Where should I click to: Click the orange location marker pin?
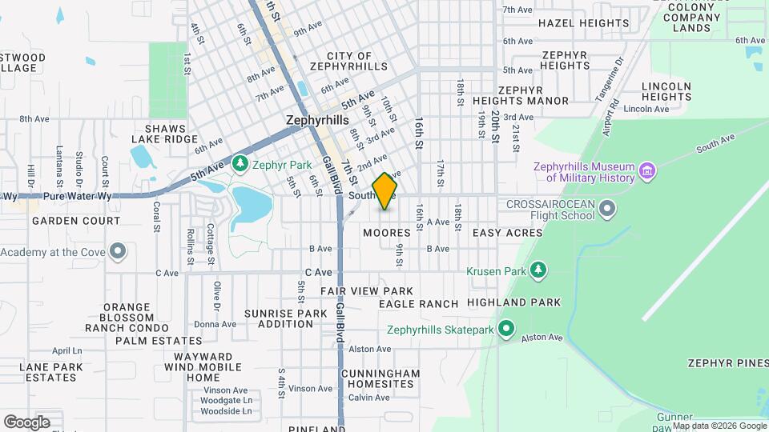[x=385, y=191]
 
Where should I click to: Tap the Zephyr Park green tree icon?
[x=240, y=164]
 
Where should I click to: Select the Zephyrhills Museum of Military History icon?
[x=647, y=170]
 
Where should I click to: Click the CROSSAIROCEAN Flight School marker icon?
[x=607, y=210]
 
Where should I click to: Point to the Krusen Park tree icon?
[x=540, y=270]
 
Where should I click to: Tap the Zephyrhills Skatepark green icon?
[x=505, y=329]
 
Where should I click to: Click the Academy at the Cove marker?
[x=119, y=253]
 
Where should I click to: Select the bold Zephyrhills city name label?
[x=317, y=119]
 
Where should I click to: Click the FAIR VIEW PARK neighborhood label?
[x=367, y=291]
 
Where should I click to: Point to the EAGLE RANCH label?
[x=418, y=304]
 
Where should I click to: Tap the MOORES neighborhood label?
[x=386, y=233]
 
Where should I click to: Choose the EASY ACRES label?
[x=507, y=233]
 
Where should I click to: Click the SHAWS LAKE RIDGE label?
[x=166, y=134]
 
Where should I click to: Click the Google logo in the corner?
[x=26, y=422]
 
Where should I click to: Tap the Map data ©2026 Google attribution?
[x=719, y=426]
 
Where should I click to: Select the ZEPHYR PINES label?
[x=727, y=363]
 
